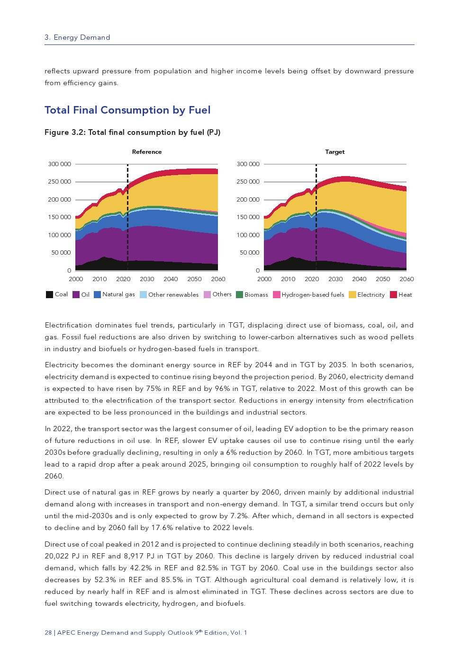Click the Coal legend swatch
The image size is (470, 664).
(49, 294)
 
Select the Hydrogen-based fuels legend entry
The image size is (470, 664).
(313, 294)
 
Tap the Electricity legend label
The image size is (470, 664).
(371, 294)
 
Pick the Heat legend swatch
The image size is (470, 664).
(393, 294)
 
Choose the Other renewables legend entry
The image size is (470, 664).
(173, 294)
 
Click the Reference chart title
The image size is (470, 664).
(147, 152)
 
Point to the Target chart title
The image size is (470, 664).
(334, 152)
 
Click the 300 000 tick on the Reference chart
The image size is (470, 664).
(59, 164)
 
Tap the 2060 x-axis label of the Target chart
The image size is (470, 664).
(407, 279)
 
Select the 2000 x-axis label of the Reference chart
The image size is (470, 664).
(76, 279)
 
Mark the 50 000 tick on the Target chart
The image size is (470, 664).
(249, 253)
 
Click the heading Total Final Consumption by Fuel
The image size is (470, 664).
(127, 110)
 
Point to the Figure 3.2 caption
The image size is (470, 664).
(132, 133)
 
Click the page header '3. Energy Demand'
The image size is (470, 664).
(77, 37)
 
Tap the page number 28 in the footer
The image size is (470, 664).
(48, 633)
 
